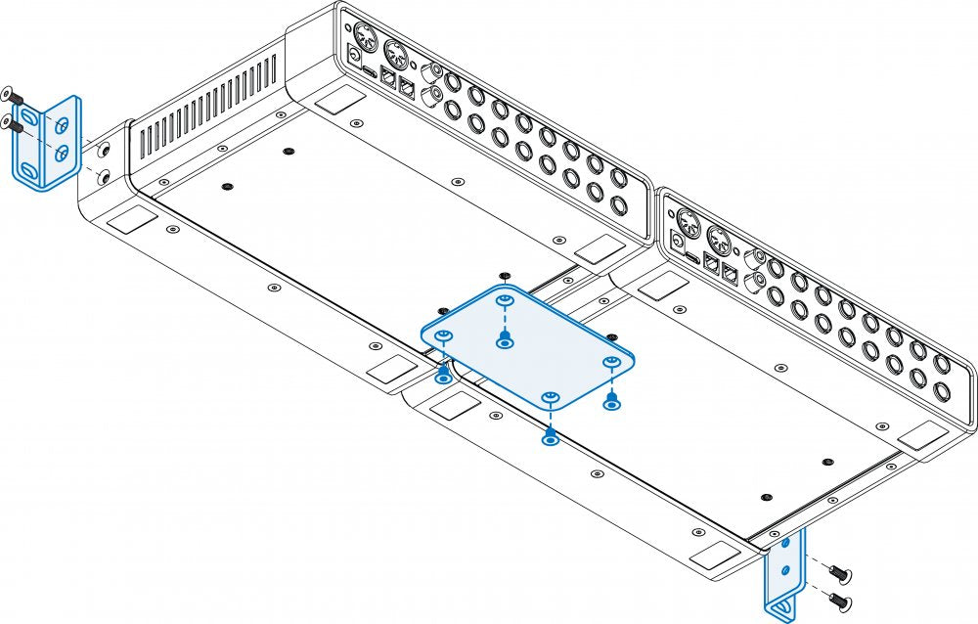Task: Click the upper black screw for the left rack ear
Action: pos(11,94)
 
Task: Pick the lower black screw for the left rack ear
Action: pos(11,122)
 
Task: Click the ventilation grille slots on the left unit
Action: pos(205,108)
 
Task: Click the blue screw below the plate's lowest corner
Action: pos(551,437)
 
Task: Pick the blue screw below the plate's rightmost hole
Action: pos(612,402)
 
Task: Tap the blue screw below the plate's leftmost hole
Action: pos(443,376)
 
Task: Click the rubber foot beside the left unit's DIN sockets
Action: pos(338,98)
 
